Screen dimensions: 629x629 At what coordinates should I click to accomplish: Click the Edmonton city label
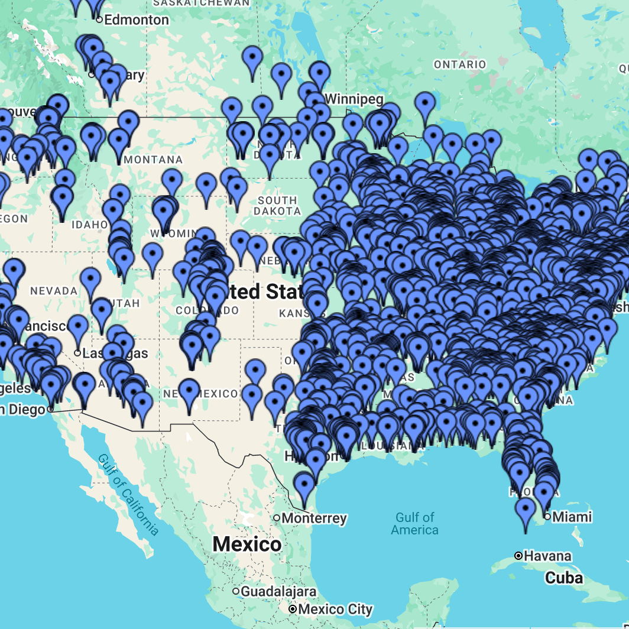[136, 20]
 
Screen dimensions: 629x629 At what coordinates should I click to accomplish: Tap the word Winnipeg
[354, 98]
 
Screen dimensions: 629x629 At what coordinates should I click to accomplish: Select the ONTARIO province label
[460, 64]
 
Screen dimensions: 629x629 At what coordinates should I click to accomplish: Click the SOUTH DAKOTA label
[277, 206]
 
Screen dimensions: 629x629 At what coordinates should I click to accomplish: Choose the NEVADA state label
[53, 291]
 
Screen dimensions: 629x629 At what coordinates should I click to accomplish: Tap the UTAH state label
[128, 303]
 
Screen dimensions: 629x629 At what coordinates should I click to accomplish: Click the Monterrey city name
[314, 518]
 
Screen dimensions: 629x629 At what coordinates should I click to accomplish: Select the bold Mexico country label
[247, 544]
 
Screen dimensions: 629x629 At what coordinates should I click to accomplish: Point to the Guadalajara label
[279, 591]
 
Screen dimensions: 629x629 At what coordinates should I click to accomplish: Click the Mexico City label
[335, 609]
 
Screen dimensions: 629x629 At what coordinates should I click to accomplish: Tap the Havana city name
[548, 556]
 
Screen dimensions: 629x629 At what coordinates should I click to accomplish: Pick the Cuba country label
[564, 578]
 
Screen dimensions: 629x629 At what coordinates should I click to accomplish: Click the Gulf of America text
[415, 523]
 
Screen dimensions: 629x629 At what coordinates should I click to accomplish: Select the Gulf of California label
[128, 494]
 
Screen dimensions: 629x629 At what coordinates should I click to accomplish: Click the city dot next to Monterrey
[277, 518]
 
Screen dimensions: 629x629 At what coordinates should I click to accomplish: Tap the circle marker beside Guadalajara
[236, 591]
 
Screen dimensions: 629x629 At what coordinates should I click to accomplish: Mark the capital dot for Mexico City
[292, 609]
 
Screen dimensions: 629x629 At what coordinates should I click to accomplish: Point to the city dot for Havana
[518, 556]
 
